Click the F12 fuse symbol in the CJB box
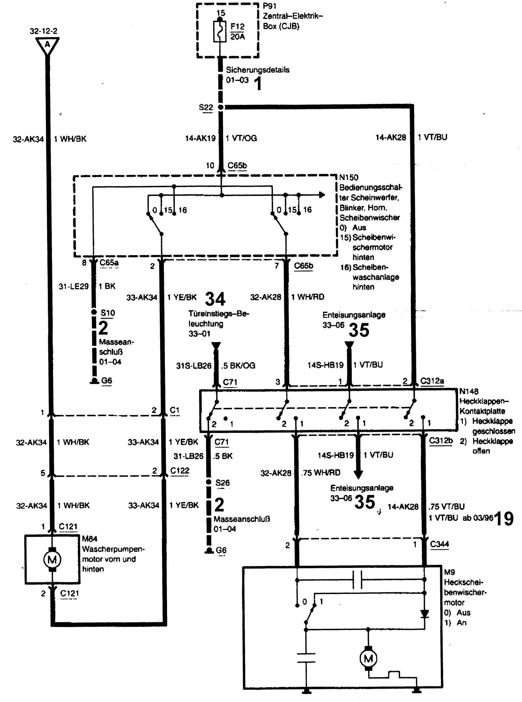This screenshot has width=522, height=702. point(220,31)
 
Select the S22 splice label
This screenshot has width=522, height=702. point(206,107)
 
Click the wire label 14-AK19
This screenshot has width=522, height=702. point(200,138)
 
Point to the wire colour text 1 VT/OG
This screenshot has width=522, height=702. point(242,138)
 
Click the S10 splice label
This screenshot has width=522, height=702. point(108,313)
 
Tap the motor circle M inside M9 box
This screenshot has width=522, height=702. point(368,658)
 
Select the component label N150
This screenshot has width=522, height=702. point(349,178)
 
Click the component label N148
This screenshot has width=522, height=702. point(469,392)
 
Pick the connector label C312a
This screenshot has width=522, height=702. point(432,381)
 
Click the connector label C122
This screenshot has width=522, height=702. point(179,471)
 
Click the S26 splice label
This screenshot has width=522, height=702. point(222,483)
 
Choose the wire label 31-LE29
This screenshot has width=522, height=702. point(73,287)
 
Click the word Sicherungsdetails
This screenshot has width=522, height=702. point(257,70)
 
